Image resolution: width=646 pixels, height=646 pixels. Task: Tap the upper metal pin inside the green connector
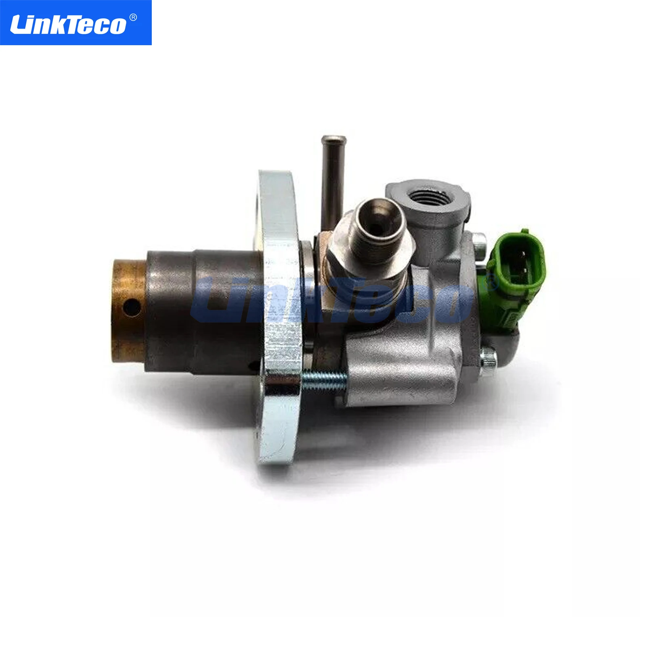click(x=523, y=256)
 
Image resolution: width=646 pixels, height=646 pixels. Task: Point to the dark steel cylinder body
click(x=202, y=311)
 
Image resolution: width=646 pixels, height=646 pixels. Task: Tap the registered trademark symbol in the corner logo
click(x=133, y=17)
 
